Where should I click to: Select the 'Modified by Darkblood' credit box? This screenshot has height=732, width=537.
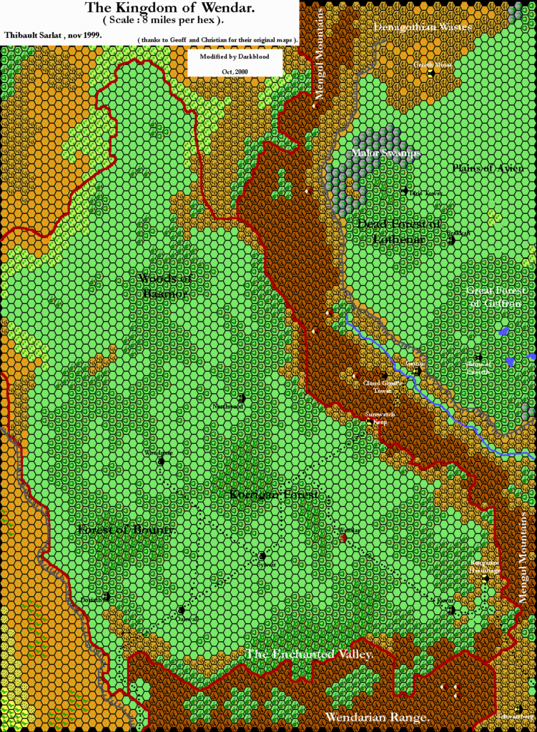[x=235, y=62]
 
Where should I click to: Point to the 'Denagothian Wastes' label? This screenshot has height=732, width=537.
[x=423, y=26]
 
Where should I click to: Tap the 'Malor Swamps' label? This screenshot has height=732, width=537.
[x=386, y=153]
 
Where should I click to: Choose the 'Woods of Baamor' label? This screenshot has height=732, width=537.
[x=163, y=285]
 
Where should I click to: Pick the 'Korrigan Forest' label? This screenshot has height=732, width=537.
[x=273, y=495]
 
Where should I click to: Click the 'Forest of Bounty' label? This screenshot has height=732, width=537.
[x=124, y=530]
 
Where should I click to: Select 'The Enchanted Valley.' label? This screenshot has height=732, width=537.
[x=310, y=654]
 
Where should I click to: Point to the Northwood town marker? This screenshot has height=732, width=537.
[x=242, y=398]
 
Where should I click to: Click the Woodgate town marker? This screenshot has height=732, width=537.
[x=162, y=461]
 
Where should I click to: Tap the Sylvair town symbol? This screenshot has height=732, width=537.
[x=262, y=555]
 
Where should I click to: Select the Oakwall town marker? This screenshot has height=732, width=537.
[x=182, y=610]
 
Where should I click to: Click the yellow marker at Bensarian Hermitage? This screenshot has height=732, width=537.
[x=485, y=579]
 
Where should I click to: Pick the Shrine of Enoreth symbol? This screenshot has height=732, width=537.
[x=478, y=357]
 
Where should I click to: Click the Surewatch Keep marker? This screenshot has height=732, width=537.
[x=369, y=422]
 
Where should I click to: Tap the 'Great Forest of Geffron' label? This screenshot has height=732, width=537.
[x=496, y=297]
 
